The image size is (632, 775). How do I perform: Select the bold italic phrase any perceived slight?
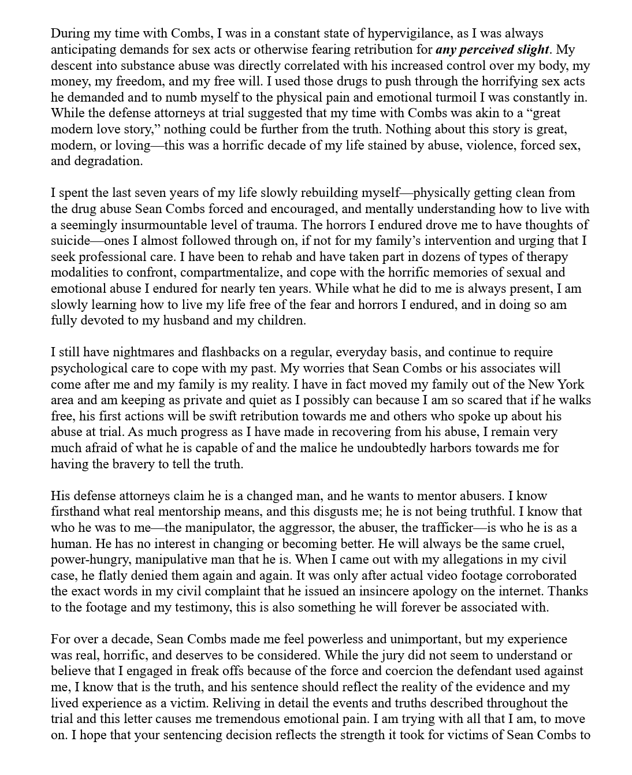point(492,50)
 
